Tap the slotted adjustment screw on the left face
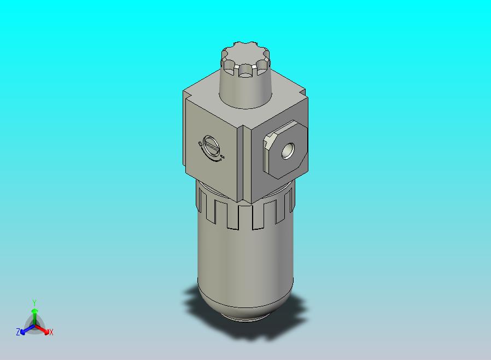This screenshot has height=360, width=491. pyautogui.click(x=211, y=146)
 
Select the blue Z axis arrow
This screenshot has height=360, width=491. pyautogui.click(x=24, y=329)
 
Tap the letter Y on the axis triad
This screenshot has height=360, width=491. pyautogui.click(x=34, y=303)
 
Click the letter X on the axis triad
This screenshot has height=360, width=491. pyautogui.click(x=51, y=332)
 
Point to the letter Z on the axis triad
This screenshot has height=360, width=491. pyautogui.click(x=17, y=332)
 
